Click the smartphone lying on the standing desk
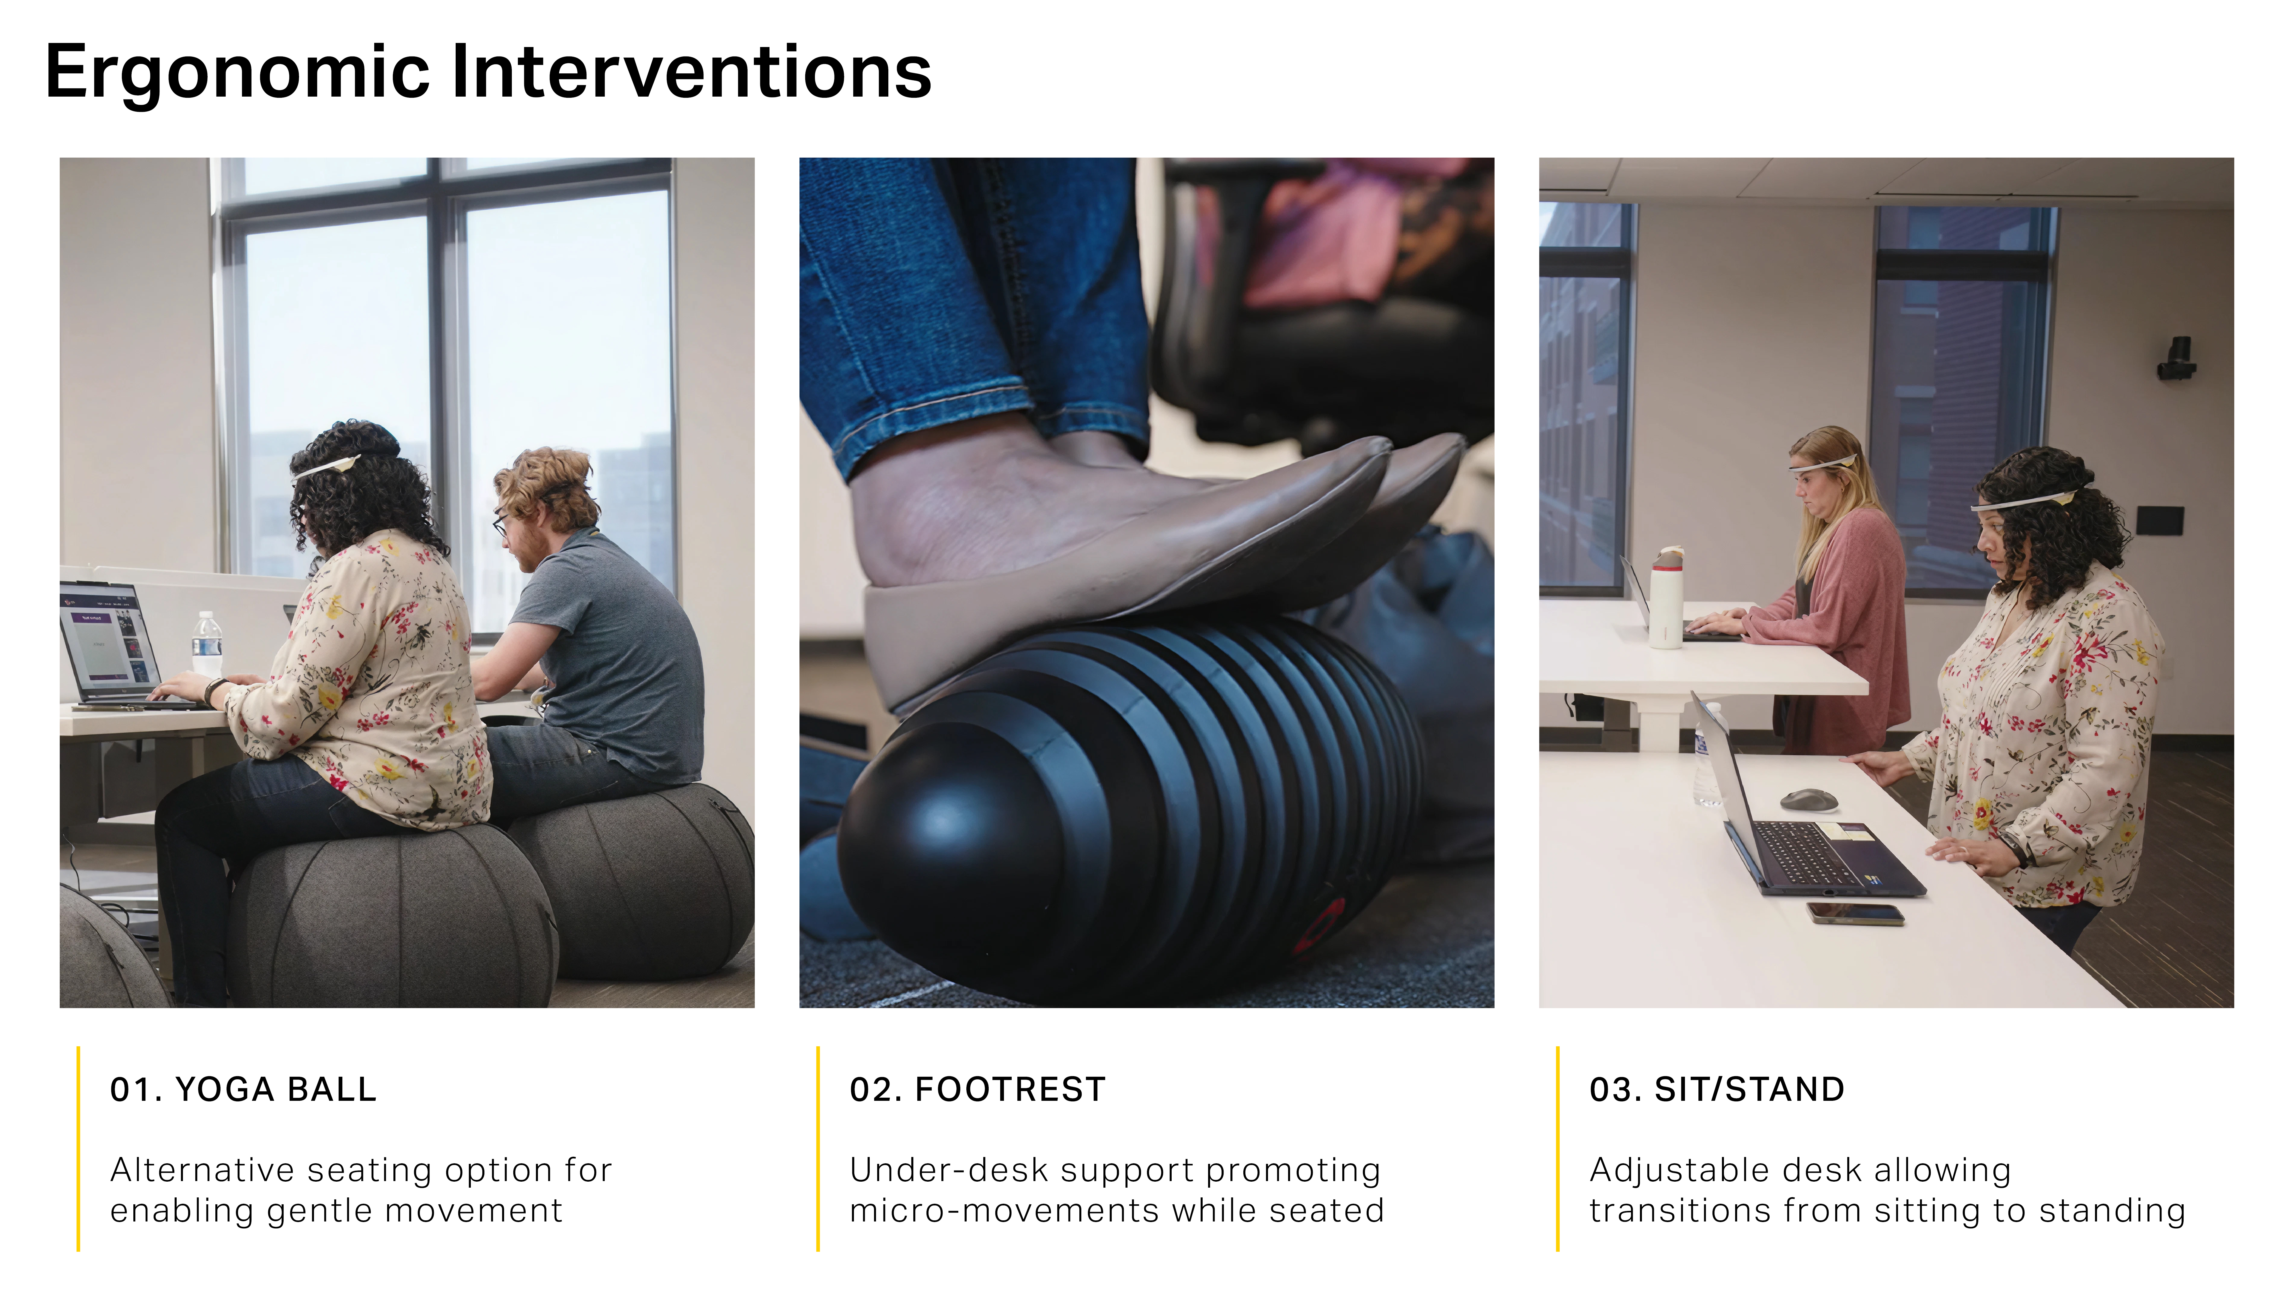click(1855, 913)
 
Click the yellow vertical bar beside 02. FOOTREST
click(818, 1148)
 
